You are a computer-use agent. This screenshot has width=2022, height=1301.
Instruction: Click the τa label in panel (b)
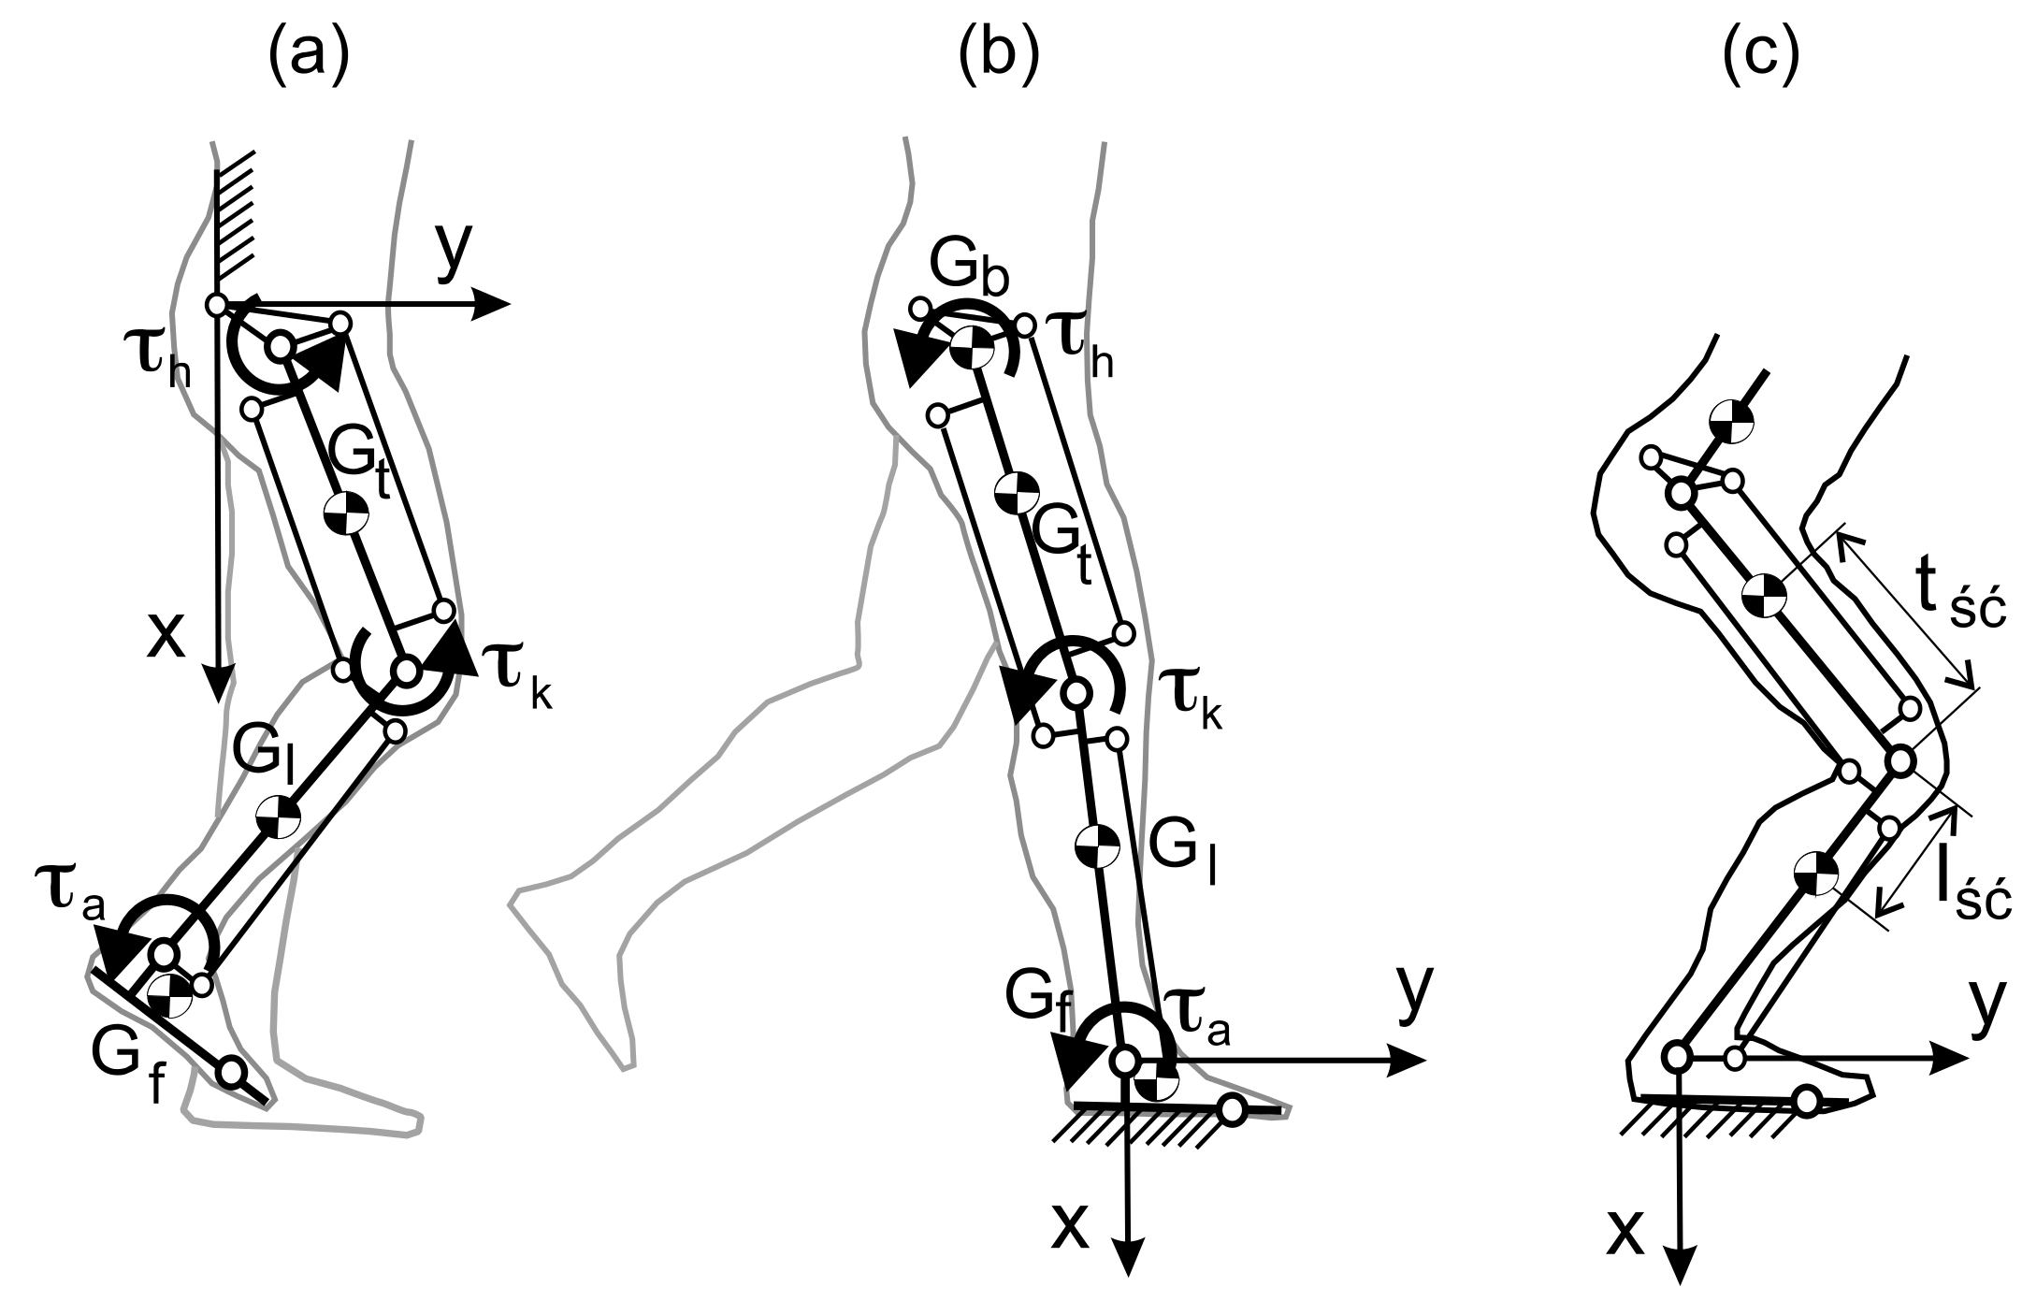coord(1201,1019)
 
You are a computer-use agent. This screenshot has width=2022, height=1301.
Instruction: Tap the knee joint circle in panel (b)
coord(1076,693)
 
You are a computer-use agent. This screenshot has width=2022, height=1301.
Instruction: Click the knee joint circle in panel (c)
coord(1899,761)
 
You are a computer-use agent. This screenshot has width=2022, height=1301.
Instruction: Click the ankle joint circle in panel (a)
coord(165,954)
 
